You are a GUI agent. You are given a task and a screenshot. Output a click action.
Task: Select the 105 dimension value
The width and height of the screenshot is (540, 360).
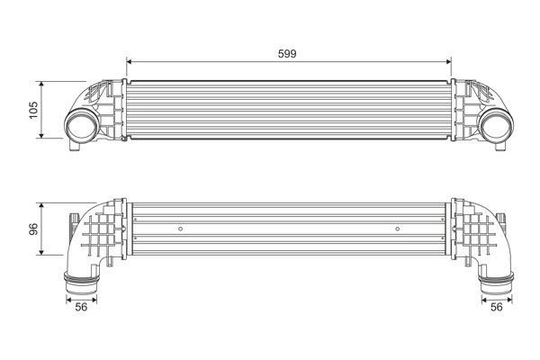pos(32,110)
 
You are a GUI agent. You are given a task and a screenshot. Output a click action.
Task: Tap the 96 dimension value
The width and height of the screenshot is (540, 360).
pos(32,228)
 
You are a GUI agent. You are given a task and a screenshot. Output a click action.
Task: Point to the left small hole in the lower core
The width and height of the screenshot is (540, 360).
pos(181,229)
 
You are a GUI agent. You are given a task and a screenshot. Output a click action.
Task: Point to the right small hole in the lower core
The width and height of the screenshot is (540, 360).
pos(398,229)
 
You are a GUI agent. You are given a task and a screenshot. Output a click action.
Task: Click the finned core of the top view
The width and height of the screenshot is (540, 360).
pos(287,112)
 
